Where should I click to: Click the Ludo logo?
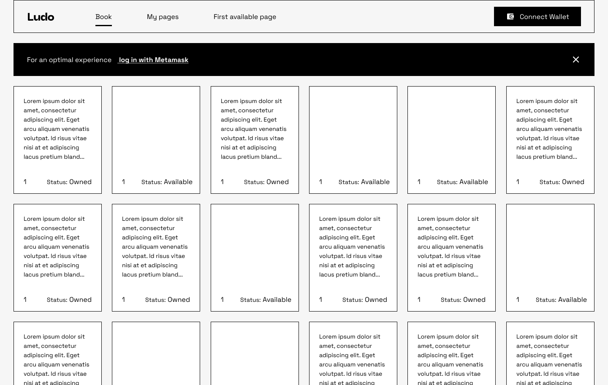[41, 17]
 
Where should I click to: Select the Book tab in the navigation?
[103, 17]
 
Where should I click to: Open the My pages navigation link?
[163, 17]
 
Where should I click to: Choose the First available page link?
[245, 17]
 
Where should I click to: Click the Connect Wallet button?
[537, 16]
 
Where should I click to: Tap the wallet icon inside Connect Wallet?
[510, 16]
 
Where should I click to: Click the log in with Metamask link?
[154, 60]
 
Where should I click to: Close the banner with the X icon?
[576, 60]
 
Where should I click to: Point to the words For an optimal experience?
[69, 60]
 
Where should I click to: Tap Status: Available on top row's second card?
[167, 182]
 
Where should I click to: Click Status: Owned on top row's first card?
[69, 182]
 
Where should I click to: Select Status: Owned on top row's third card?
[266, 182]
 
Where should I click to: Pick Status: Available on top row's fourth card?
[364, 182]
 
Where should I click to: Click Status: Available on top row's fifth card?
[462, 182]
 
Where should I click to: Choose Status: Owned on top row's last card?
[562, 182]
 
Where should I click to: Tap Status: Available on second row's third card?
[266, 300]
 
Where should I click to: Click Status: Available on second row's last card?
[561, 300]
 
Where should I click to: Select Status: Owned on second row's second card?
[168, 300]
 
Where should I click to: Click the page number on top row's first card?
[25, 182]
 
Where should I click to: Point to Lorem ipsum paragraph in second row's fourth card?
[352, 247]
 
